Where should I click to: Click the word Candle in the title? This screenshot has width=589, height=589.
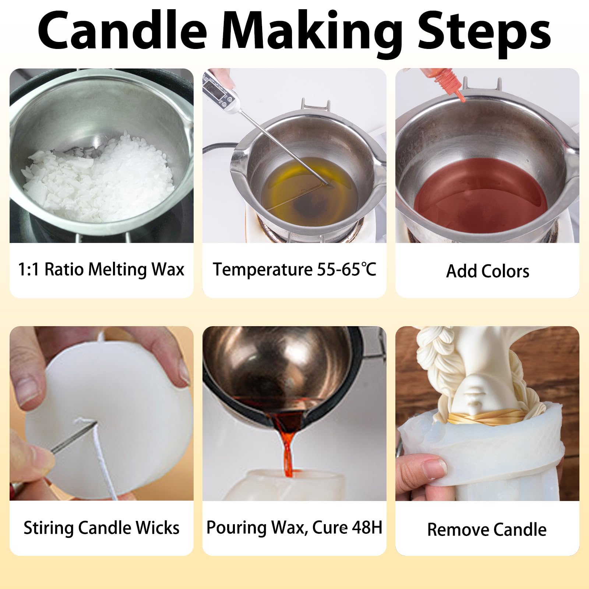click(x=122, y=30)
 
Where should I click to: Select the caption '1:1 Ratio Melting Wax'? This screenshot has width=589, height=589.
click(x=101, y=269)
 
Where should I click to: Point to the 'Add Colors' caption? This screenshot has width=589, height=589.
click(x=487, y=271)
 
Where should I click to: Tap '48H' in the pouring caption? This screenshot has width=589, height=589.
click(x=367, y=527)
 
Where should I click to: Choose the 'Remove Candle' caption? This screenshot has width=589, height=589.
click(x=487, y=530)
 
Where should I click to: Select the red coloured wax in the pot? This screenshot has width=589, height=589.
click(x=480, y=195)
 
